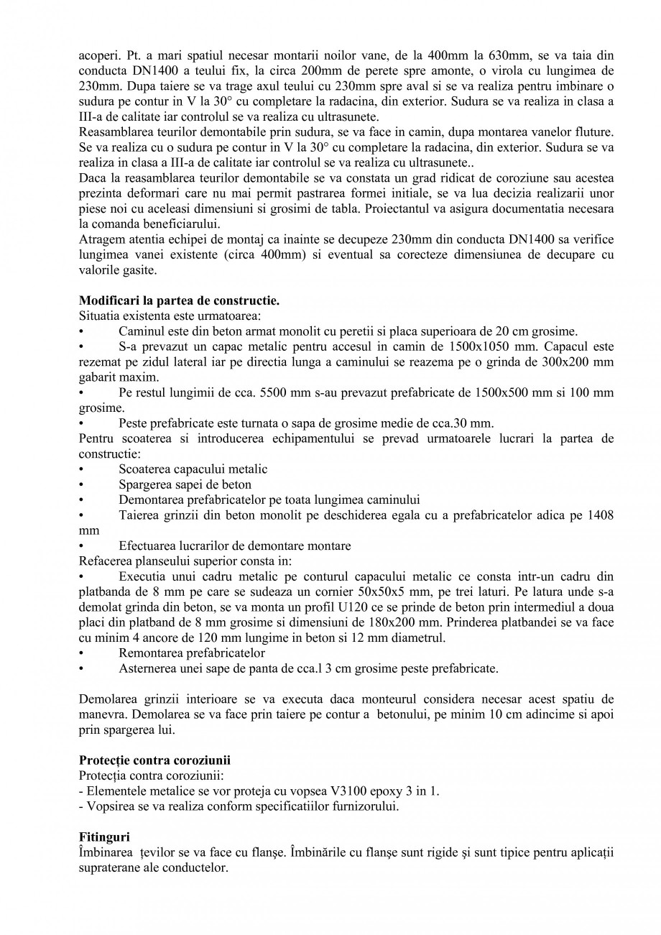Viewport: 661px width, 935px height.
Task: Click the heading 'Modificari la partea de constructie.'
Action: coord(178,301)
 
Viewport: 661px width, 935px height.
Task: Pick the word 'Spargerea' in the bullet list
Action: coord(144,484)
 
